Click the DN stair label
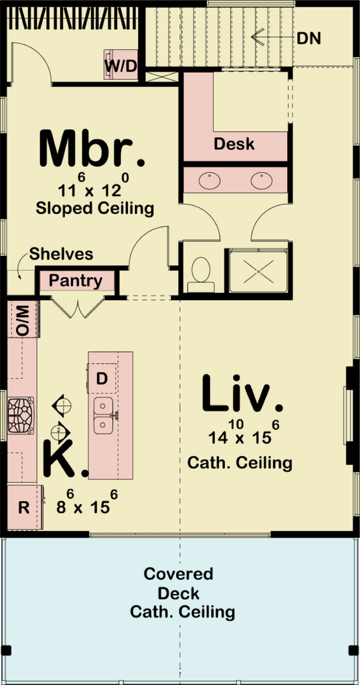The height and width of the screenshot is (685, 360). click(x=309, y=38)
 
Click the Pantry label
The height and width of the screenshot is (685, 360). click(x=76, y=281)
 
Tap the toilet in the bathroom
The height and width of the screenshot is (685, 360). click(x=201, y=274)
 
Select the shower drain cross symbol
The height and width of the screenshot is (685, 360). click(x=259, y=272)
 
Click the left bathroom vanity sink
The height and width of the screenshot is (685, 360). click(x=209, y=181)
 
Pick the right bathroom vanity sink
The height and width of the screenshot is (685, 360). click(x=262, y=181)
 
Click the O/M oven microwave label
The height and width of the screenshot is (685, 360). click(x=23, y=321)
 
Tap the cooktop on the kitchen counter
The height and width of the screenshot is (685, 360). click(x=21, y=415)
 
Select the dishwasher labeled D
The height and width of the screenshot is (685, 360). click(x=102, y=378)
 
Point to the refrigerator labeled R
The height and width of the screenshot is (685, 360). click(x=25, y=508)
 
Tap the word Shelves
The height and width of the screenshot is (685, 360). click(x=61, y=254)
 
